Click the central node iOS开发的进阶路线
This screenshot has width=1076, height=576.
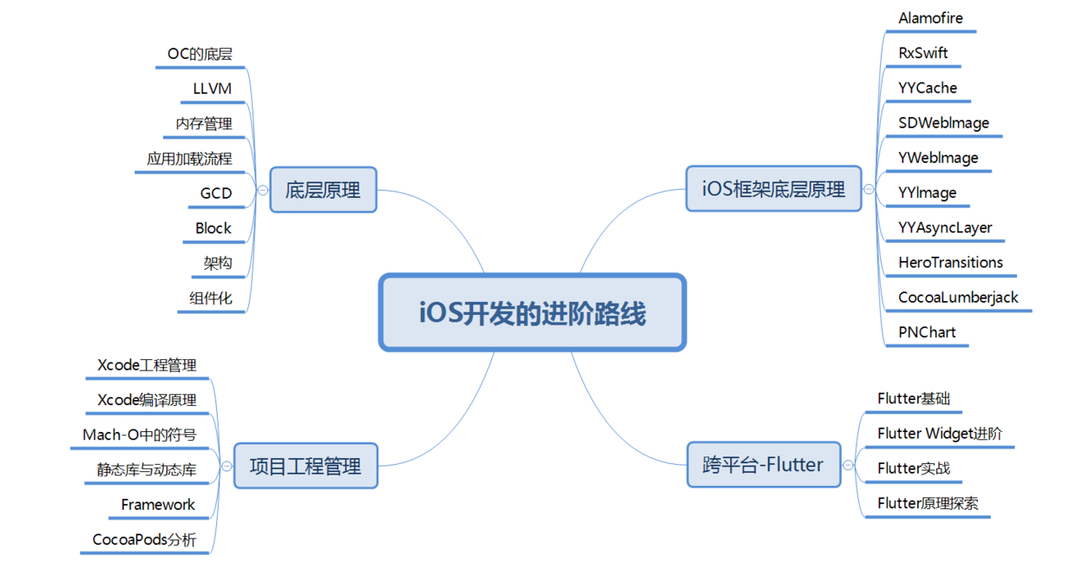(x=532, y=313)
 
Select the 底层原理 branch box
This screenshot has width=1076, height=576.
(x=323, y=190)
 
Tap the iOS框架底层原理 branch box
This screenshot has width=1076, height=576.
(x=773, y=189)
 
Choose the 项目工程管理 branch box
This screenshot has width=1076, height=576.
(x=305, y=466)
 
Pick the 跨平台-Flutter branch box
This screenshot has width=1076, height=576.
(x=763, y=465)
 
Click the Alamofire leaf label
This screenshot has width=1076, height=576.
(x=930, y=18)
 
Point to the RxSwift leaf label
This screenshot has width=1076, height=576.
(x=923, y=53)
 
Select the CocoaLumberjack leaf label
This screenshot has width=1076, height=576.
(x=958, y=298)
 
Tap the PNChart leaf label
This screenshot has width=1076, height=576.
(x=927, y=332)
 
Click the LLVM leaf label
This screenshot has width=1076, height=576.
(x=213, y=88)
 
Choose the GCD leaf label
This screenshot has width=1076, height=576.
(x=216, y=193)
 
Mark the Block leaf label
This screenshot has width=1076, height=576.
(x=213, y=228)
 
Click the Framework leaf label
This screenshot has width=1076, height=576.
(x=158, y=505)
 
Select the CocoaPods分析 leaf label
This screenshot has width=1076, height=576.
(x=144, y=540)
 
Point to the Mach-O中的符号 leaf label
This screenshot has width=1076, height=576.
(x=140, y=435)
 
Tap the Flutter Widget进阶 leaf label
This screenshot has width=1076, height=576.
(x=940, y=434)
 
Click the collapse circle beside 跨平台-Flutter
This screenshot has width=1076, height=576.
(x=849, y=466)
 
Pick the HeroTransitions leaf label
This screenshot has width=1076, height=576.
(x=951, y=263)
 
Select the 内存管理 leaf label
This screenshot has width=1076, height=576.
(x=204, y=124)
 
